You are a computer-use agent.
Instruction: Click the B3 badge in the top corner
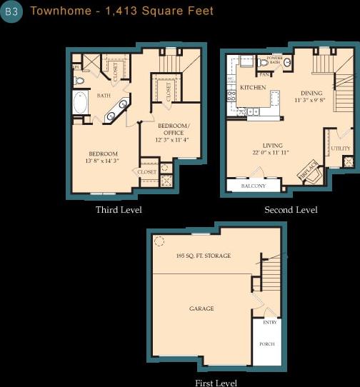[11, 12]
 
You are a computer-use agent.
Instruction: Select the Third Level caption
[119, 210]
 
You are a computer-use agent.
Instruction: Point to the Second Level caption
[291, 210]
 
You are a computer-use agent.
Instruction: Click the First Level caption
[216, 383]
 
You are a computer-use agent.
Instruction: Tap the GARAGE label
[201, 308]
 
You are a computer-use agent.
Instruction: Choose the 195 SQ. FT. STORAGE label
[203, 256]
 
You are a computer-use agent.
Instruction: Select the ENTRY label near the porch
[270, 323]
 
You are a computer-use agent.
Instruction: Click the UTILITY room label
[341, 149]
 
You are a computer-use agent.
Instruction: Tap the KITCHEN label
[253, 87]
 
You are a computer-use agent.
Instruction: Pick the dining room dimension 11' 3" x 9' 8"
[311, 101]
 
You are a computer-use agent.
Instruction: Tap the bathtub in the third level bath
[80, 104]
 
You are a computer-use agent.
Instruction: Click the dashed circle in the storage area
[159, 241]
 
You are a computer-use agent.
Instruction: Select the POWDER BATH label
[274, 59]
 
